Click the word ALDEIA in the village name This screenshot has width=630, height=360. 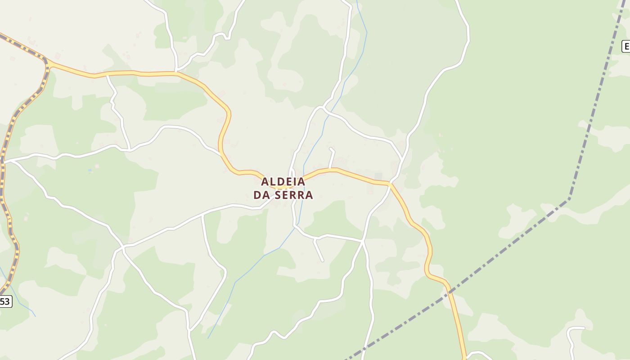[x=283, y=181]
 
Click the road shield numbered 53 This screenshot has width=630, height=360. [x=5, y=301]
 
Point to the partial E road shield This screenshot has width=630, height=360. [x=626, y=46]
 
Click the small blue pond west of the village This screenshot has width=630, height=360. [x=90, y=170]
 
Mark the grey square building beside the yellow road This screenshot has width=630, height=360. [x=378, y=176]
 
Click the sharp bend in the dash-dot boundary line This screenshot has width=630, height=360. [x=569, y=198]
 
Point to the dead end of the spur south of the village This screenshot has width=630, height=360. [x=323, y=261]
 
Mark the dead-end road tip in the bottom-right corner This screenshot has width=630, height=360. [x=584, y=328]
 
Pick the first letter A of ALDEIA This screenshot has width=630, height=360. [x=265, y=181]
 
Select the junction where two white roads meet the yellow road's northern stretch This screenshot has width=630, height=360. [x=177, y=72]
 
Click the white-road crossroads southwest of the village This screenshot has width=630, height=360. [x=122, y=247]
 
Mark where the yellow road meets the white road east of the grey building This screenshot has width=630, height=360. [x=390, y=184]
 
